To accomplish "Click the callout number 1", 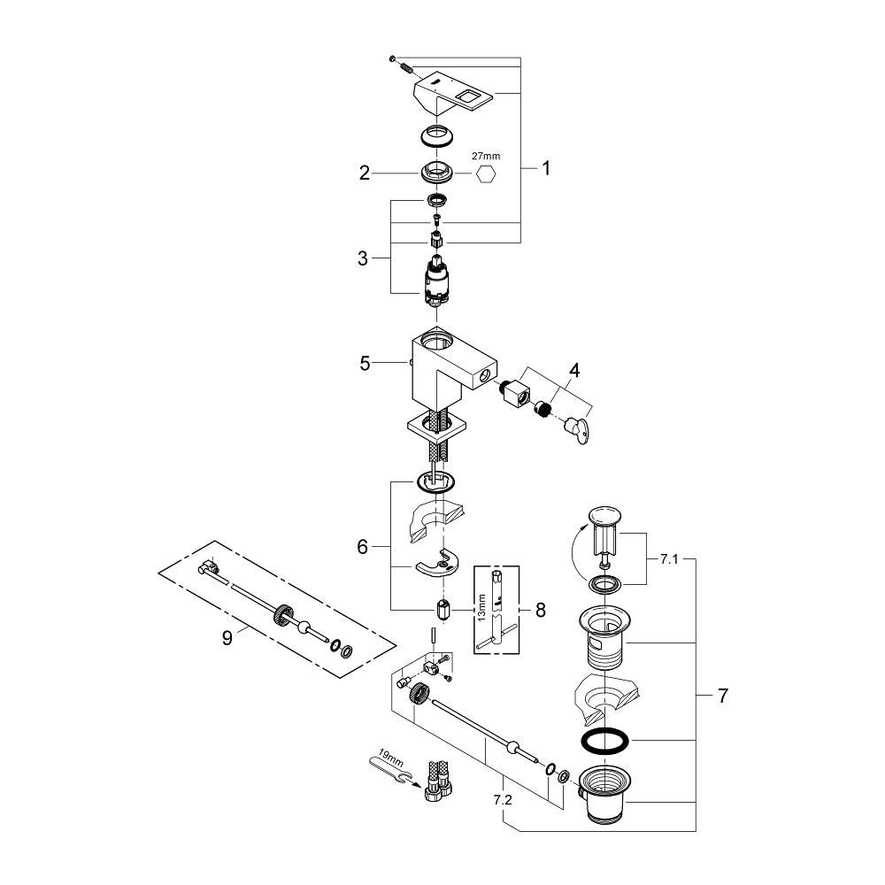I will (x=546, y=167).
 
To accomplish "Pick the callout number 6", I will (x=362, y=548).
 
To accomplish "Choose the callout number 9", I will (x=227, y=637).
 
